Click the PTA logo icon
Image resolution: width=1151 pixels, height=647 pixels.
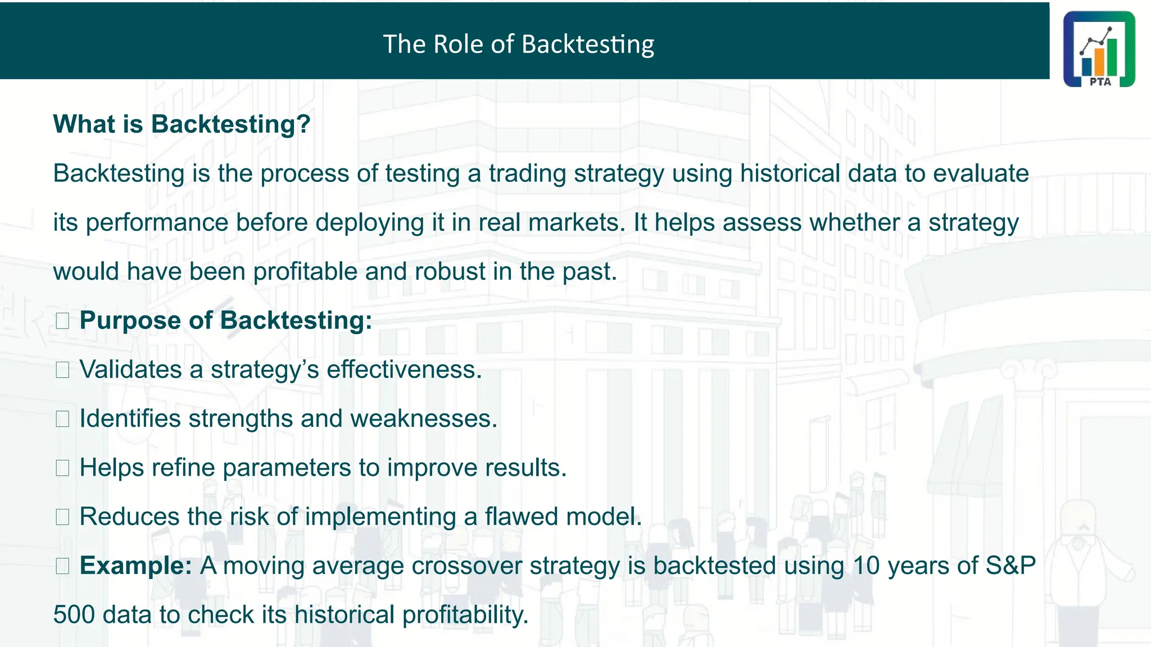[x=1099, y=49]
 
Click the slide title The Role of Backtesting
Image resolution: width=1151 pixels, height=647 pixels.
[x=518, y=44]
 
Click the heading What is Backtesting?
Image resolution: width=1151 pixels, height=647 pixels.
[x=182, y=124]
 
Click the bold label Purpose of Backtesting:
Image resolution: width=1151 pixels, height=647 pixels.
[x=226, y=321]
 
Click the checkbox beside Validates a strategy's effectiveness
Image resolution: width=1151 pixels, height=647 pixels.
[x=62, y=370]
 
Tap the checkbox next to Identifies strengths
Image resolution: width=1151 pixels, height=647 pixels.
[x=62, y=419]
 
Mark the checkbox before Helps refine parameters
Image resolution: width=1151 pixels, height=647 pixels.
[x=62, y=468]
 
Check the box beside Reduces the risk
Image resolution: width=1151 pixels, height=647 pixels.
[x=62, y=517]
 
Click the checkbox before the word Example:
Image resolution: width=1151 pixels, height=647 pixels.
[x=62, y=566]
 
